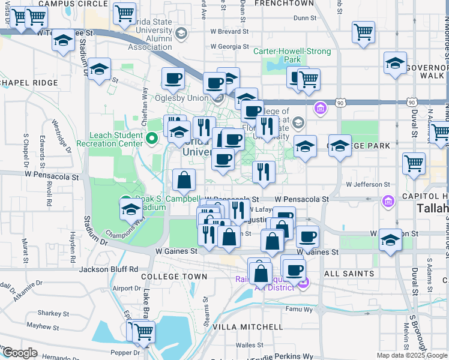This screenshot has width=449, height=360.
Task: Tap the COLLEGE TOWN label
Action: tap(174, 277)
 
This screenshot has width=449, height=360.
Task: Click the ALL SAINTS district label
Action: tap(349, 274)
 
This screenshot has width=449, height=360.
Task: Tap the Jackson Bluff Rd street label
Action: tap(109, 269)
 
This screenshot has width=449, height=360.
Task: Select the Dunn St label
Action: tap(305, 18)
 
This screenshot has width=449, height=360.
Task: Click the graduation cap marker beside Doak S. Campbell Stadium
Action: tap(131, 210)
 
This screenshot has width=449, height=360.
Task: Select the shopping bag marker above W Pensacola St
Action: tap(184, 179)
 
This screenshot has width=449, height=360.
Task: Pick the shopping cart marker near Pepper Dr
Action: tap(143, 331)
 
